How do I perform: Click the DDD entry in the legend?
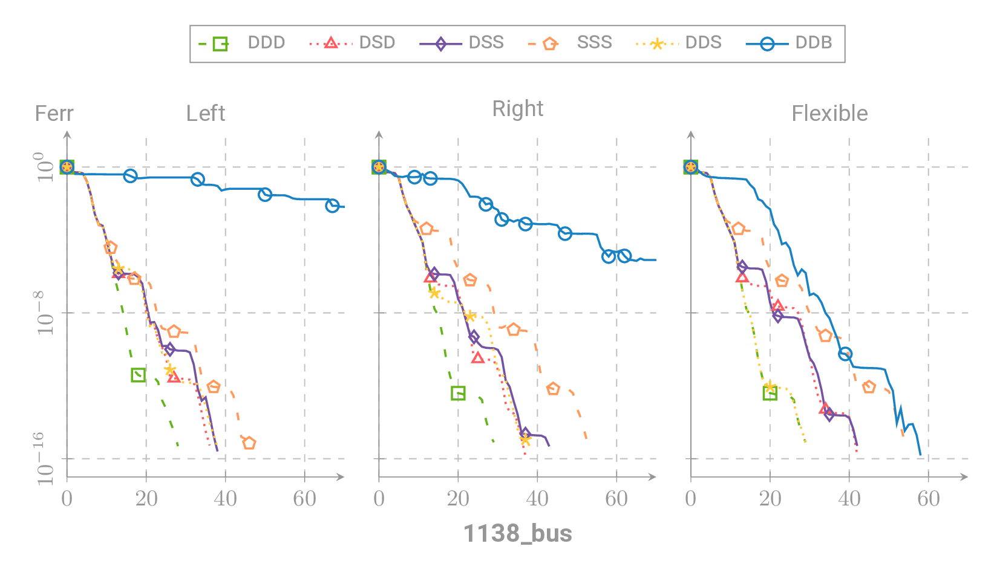tap(266, 43)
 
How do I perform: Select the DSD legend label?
tap(376, 43)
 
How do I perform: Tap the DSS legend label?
tap(485, 43)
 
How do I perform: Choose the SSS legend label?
tap(593, 43)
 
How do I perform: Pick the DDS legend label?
tap(702, 43)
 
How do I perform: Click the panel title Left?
tap(205, 114)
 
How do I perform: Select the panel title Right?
tap(517, 109)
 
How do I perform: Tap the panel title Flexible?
tap(829, 114)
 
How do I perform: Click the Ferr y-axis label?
tap(54, 114)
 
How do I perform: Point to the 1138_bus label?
tap(517, 534)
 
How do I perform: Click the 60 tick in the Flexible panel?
tap(928, 499)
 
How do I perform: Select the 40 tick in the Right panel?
tap(537, 499)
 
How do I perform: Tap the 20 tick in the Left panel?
tap(146, 499)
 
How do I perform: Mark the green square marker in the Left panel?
tap(138, 375)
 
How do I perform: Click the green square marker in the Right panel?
tap(458, 394)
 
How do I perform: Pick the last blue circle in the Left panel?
tap(332, 206)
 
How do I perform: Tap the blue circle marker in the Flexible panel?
tap(845, 354)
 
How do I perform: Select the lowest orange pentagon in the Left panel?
tap(249, 443)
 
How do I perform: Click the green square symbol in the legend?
tap(220, 44)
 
